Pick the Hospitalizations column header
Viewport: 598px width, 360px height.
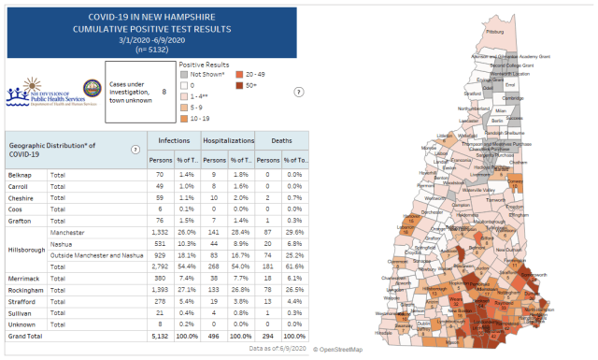228,139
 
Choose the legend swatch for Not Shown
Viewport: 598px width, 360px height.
185,73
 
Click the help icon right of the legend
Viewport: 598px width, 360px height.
298,92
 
